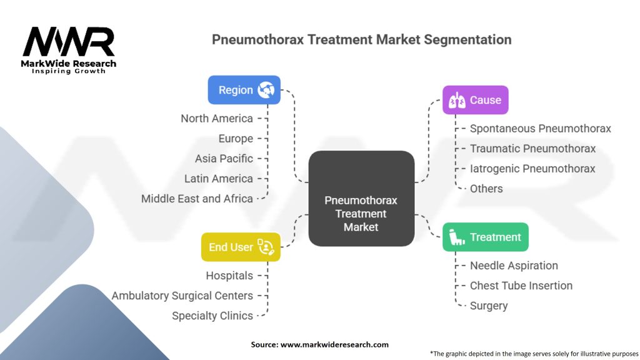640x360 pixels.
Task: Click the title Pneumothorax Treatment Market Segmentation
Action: pyautogui.click(x=361, y=39)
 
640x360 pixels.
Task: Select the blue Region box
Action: pyautogui.click(x=244, y=90)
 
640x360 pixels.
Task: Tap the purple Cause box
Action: pyautogui.click(x=475, y=100)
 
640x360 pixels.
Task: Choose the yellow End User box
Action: pyautogui.click(x=241, y=247)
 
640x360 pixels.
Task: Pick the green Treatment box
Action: pyautogui.click(x=485, y=237)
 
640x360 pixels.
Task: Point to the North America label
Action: pyautogui.click(x=217, y=119)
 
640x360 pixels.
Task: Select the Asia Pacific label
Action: pyautogui.click(x=224, y=159)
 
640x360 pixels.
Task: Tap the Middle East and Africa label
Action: pyautogui.click(x=197, y=199)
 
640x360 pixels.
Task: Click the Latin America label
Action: pyautogui.click(x=219, y=179)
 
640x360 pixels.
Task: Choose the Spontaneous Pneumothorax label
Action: pyautogui.click(x=541, y=129)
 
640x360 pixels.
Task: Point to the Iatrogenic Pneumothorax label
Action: pyautogui.click(x=532, y=169)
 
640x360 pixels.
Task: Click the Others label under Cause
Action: pyautogui.click(x=486, y=189)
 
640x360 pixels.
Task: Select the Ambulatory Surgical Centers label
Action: pyautogui.click(x=182, y=296)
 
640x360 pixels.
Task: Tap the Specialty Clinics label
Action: pyautogui.click(x=212, y=316)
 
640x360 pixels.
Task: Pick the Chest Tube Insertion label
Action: pyautogui.click(x=521, y=286)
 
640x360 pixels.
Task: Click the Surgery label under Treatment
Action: pyautogui.click(x=489, y=306)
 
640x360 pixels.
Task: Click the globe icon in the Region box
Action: pyautogui.click(x=267, y=90)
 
